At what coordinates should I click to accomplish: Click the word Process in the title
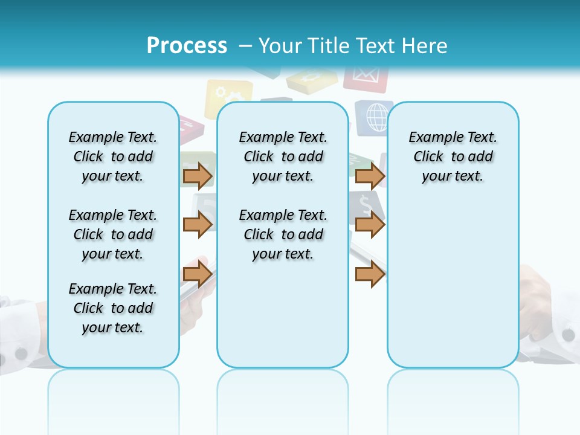click(187, 46)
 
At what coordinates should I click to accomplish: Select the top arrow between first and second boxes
click(198, 176)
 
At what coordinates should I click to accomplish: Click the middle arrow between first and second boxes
click(198, 225)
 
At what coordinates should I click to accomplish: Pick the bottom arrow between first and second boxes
click(198, 274)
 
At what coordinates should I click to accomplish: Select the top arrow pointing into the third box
click(370, 176)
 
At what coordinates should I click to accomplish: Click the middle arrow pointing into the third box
click(370, 225)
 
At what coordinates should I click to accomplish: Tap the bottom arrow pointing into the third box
click(370, 274)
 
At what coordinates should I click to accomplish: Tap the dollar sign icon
click(365, 202)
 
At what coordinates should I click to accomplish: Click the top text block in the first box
click(112, 156)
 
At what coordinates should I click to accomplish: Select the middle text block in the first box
click(112, 234)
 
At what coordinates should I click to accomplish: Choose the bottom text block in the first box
click(112, 308)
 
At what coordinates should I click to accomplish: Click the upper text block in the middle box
click(283, 156)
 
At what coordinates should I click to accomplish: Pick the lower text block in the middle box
click(283, 234)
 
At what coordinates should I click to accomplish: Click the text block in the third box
click(453, 156)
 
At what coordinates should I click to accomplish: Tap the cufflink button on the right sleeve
click(569, 335)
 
